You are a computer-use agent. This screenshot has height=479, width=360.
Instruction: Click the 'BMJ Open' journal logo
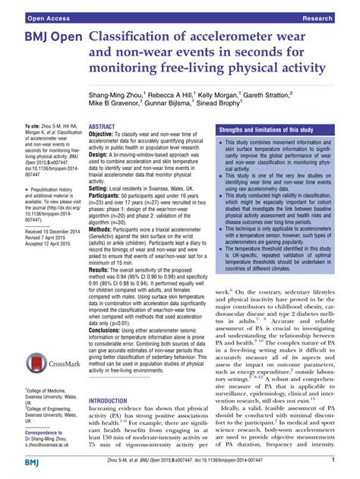(45, 37)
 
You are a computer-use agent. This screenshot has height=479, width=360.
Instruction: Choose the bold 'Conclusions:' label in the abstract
(112, 351)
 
